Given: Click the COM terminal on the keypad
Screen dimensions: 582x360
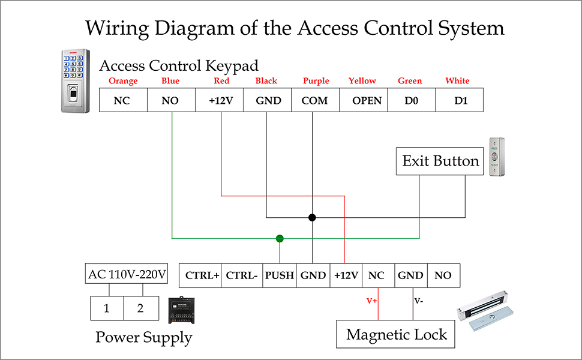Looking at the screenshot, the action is point(315,100).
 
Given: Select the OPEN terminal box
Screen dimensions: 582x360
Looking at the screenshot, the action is point(364,100).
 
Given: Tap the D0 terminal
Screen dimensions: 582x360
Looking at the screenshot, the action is point(411,100).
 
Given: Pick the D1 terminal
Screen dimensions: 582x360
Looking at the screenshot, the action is point(460,100).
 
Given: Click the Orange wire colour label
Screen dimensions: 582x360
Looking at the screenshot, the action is point(123,81).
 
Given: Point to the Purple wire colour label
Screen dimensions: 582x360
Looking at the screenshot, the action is point(316,81).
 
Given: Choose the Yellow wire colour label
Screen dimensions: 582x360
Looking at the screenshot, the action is point(362,80).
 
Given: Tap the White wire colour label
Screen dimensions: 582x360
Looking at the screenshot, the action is point(457,80).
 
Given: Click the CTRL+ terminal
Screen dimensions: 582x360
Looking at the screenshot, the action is point(200,275).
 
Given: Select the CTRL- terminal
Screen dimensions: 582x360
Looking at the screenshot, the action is point(242,275).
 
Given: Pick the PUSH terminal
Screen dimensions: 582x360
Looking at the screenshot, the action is point(280,275).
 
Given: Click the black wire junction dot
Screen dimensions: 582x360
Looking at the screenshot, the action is point(312,217).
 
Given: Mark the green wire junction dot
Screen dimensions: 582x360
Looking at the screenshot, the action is point(280,239).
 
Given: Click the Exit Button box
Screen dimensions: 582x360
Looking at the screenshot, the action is point(440,161).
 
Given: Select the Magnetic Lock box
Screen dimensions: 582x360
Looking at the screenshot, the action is point(395,334).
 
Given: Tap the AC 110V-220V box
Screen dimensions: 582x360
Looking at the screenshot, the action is point(127,274).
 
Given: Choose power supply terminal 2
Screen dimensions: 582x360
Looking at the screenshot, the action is point(141,308).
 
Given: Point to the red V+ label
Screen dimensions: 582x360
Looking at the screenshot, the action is point(371,301).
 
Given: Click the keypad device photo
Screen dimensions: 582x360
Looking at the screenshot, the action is point(76,80).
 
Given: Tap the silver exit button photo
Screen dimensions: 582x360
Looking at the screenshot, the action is point(497,157).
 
